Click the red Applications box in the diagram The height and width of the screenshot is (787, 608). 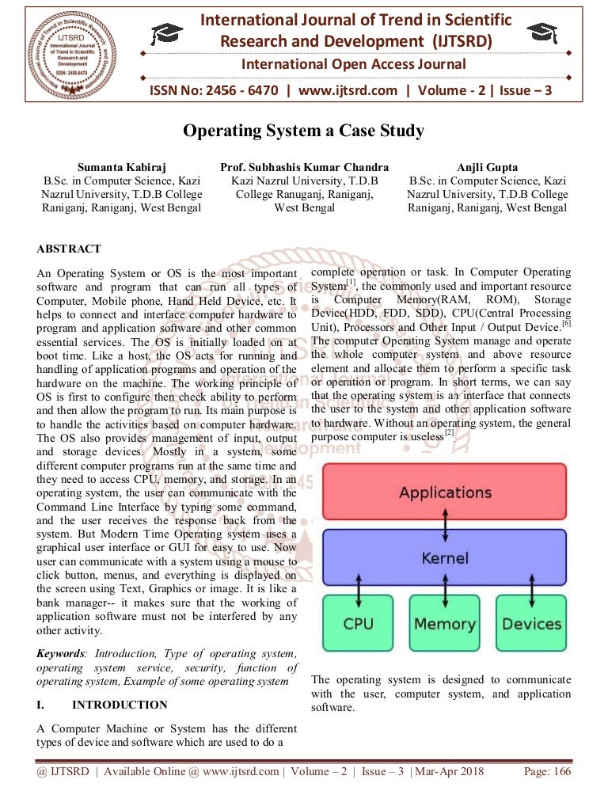(444, 491)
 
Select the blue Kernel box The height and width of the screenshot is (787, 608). (444, 557)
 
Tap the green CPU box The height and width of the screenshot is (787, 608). (358, 623)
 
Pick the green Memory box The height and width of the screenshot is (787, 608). (444, 623)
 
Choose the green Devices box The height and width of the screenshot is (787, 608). (531, 623)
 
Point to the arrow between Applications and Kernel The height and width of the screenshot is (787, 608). (444, 523)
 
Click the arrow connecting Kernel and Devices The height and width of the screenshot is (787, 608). (531, 589)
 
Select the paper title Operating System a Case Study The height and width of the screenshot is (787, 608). (304, 131)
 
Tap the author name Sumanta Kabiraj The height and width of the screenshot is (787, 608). (122, 167)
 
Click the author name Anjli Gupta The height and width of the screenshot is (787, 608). (487, 167)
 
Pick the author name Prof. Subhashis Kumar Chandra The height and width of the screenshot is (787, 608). (304, 167)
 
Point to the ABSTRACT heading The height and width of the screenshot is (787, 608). (69, 249)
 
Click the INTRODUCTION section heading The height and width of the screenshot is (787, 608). (120, 705)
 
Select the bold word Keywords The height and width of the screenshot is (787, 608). (61, 653)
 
